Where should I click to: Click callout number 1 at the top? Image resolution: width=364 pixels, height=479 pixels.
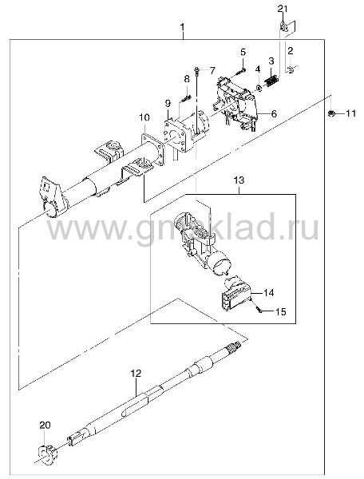tap(182, 27)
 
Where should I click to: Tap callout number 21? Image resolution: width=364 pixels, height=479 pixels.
tap(283, 9)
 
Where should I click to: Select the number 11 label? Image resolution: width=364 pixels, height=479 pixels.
tap(351, 113)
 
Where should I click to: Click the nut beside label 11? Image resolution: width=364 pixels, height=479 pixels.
tap(330, 113)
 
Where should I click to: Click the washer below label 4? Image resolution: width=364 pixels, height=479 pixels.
tap(259, 89)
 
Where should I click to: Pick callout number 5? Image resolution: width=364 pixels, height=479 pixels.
tap(243, 52)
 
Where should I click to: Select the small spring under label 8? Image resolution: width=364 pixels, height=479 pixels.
tap(186, 99)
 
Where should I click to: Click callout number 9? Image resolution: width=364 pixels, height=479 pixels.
tap(168, 104)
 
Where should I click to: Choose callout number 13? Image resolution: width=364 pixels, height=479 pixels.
tap(239, 180)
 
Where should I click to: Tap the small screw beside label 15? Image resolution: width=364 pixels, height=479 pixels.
tap(259, 311)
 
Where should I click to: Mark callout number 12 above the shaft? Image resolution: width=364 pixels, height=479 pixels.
tap(136, 373)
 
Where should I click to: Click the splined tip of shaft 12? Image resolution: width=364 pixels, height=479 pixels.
tap(235, 346)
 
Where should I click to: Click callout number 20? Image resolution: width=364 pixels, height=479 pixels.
tap(45, 425)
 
